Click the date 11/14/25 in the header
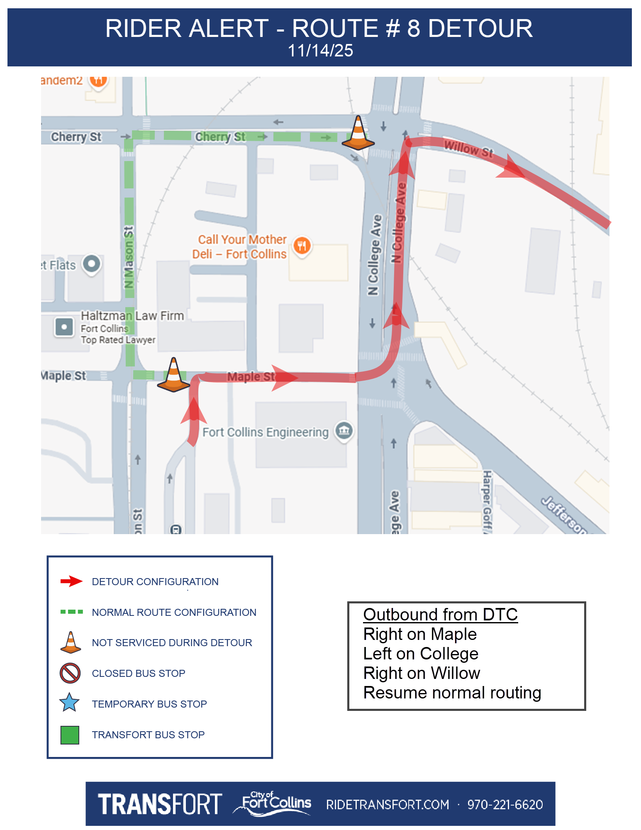[x=320, y=51]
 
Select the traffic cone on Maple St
[x=174, y=376]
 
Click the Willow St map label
[x=468, y=148]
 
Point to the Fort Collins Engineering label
[x=266, y=432]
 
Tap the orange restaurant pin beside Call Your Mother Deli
[x=302, y=245]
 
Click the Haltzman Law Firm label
[x=132, y=316]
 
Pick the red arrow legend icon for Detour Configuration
[x=71, y=581]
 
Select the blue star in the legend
[x=69, y=703]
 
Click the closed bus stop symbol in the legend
[x=70, y=673]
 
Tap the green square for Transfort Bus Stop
[x=70, y=735]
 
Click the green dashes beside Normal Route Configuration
[x=71, y=612]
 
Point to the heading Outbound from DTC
[x=440, y=615]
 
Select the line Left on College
[x=421, y=654]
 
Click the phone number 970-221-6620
[x=505, y=805]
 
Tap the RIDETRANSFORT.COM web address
[x=388, y=805]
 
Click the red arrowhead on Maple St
[x=284, y=377]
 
